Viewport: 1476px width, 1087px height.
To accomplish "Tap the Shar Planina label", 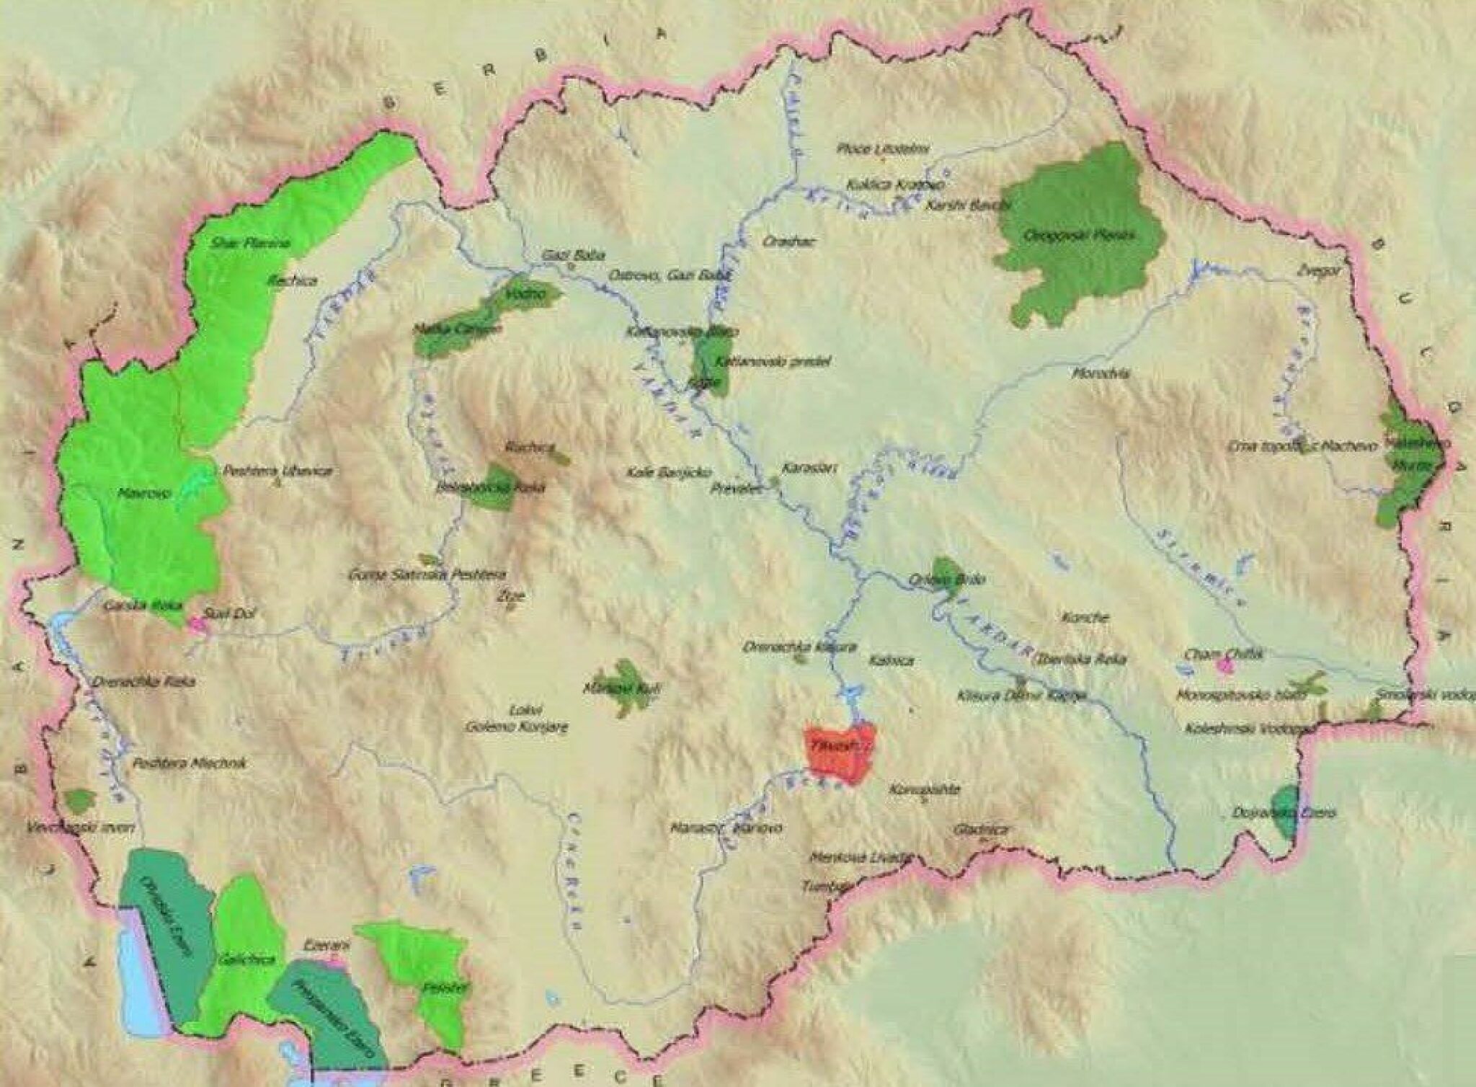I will click(x=251, y=243).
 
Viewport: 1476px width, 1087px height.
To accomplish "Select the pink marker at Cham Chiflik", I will click(x=1224, y=665).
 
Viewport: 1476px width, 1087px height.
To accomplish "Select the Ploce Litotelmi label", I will click(x=883, y=149).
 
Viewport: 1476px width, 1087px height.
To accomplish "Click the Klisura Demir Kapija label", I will click(x=1020, y=696).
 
